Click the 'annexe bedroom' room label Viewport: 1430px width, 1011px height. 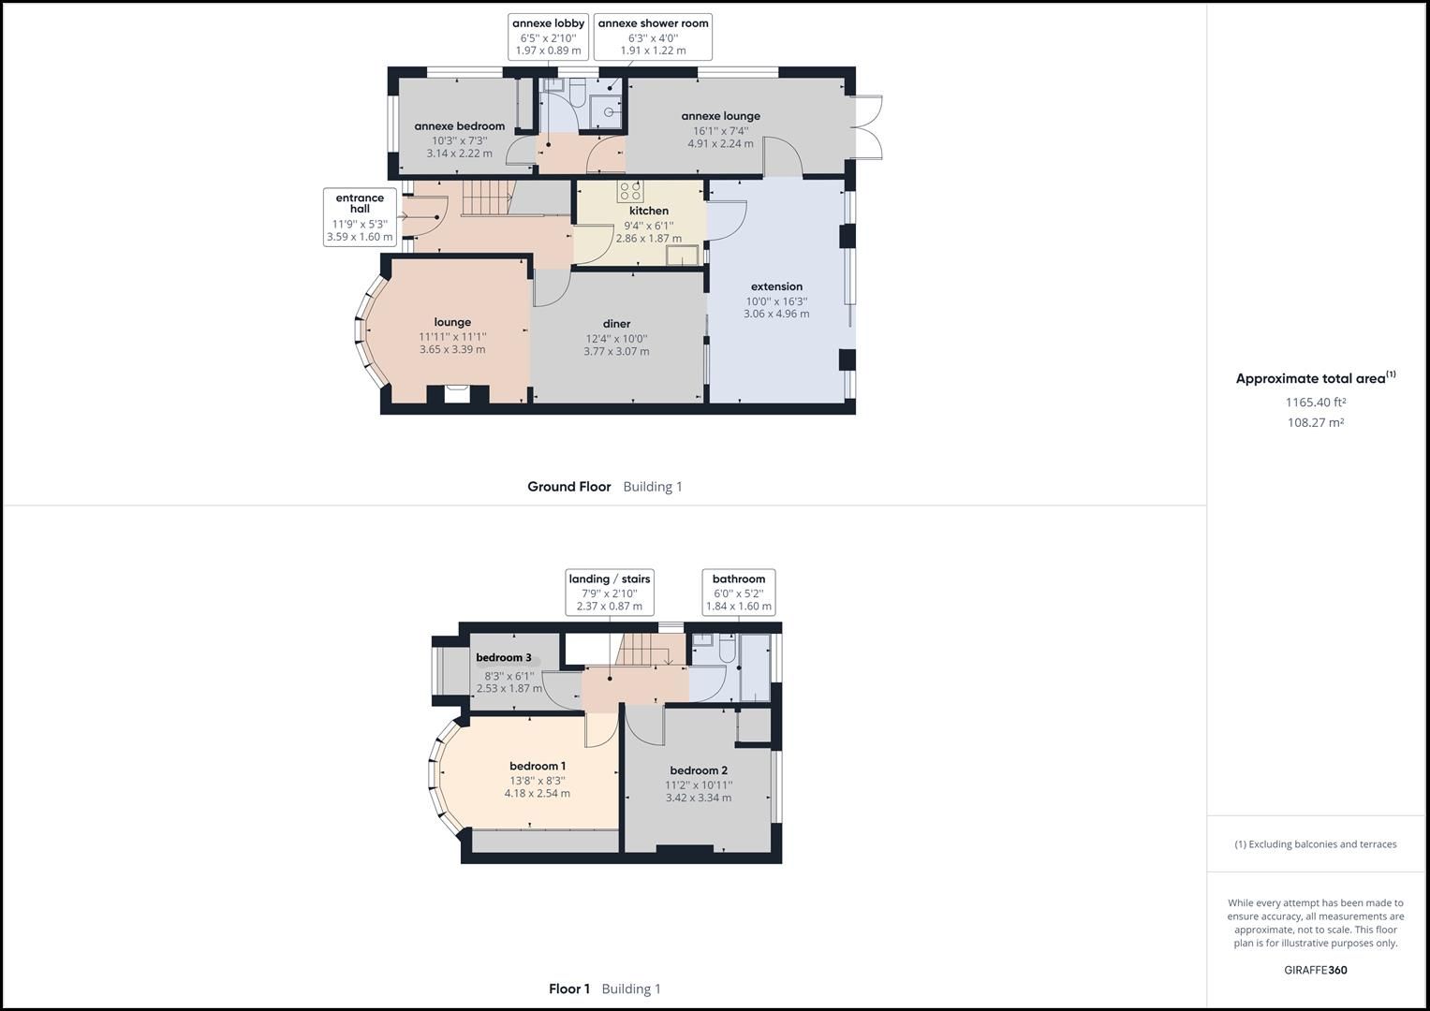click(x=459, y=126)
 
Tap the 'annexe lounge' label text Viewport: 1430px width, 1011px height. click(x=720, y=116)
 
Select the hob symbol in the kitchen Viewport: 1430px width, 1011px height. click(x=629, y=192)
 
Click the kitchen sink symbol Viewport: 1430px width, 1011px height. click(x=683, y=256)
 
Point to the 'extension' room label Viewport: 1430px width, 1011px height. click(x=776, y=286)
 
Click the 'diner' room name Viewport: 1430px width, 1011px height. click(x=616, y=324)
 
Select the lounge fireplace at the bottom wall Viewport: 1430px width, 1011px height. click(x=457, y=394)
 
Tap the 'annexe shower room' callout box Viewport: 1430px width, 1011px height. click(x=653, y=37)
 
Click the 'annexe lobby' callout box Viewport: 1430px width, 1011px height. click(x=548, y=37)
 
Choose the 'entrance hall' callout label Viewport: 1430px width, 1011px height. click(x=360, y=217)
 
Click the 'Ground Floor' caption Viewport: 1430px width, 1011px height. click(x=568, y=487)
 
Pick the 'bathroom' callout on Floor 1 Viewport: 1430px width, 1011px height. click(x=738, y=593)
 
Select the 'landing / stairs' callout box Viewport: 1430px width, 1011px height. click(x=609, y=593)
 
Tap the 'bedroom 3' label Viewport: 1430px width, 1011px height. click(x=504, y=658)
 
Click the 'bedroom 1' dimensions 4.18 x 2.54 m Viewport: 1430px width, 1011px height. click(x=537, y=794)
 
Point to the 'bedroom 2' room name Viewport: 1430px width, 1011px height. click(x=699, y=770)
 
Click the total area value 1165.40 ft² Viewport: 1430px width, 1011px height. click(x=1315, y=403)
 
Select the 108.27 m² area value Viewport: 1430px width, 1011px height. click(x=1315, y=423)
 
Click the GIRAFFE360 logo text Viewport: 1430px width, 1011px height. click(x=1315, y=970)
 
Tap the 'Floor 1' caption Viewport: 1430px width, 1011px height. click(x=569, y=989)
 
